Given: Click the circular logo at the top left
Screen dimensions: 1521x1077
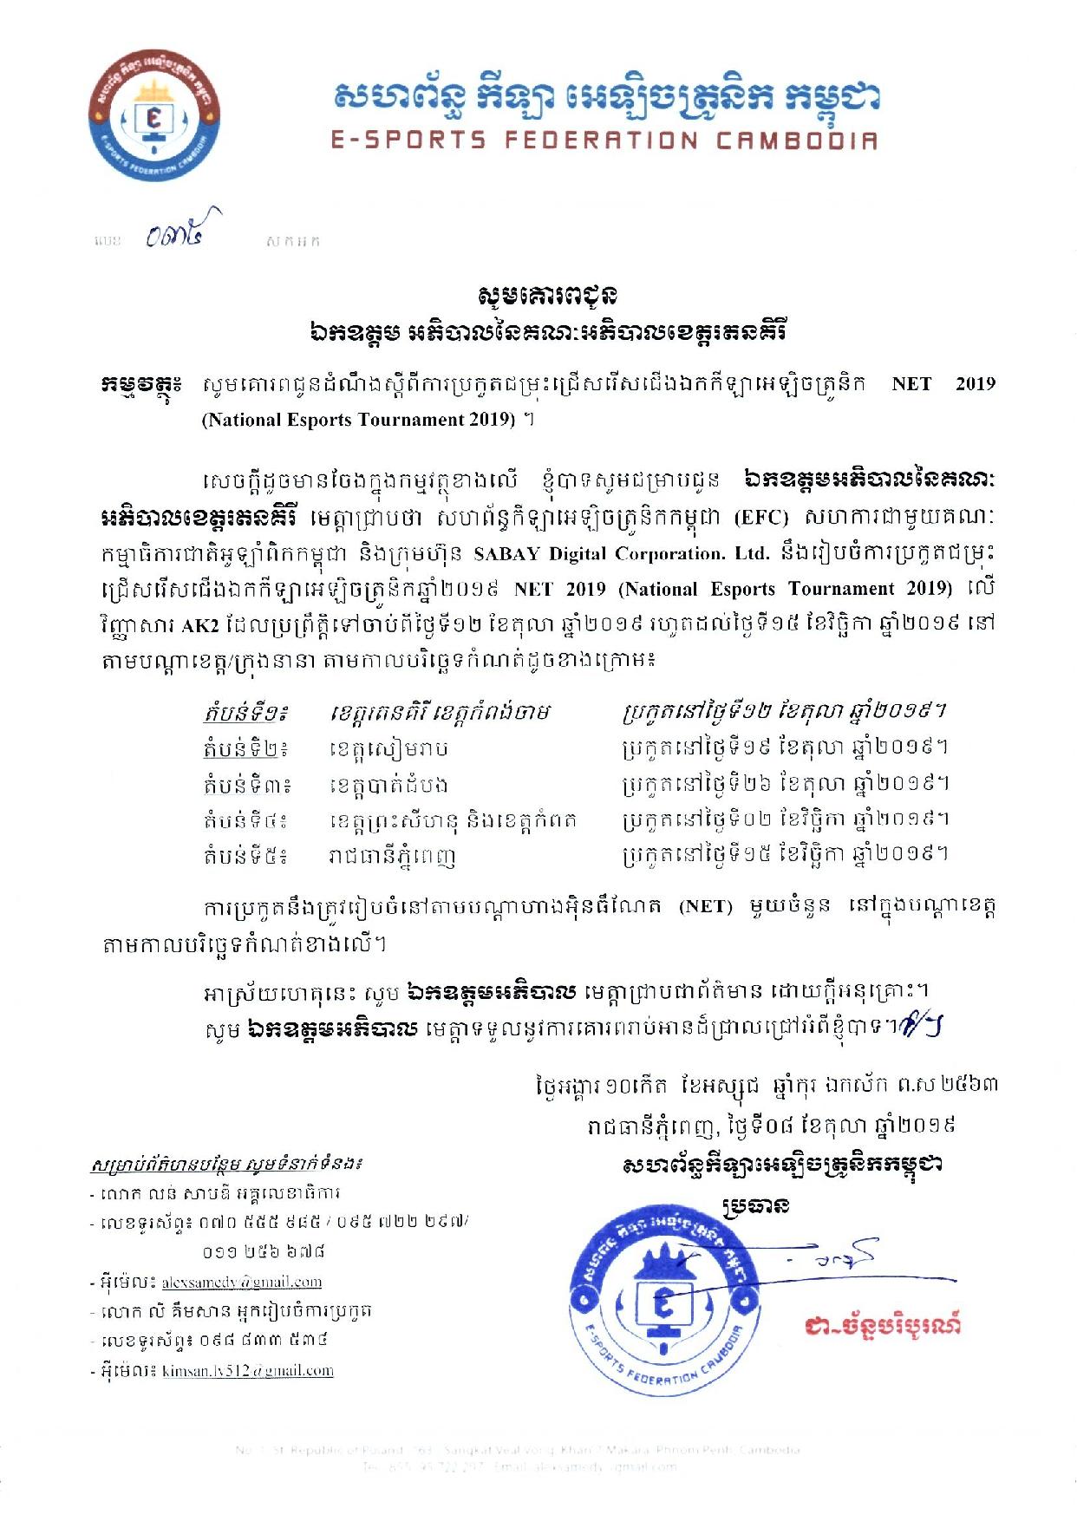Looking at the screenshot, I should (x=154, y=116).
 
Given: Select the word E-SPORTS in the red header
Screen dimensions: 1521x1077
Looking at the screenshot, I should (x=408, y=140).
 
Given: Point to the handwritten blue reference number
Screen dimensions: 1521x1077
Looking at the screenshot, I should (x=182, y=231).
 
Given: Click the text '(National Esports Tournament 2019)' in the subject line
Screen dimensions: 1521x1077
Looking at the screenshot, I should (x=359, y=420).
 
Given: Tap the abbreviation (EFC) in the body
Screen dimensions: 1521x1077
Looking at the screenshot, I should (x=761, y=518).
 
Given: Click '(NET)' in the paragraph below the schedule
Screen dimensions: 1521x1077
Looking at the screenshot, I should (x=705, y=906).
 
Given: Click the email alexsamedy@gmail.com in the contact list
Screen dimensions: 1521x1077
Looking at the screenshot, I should (x=242, y=1282).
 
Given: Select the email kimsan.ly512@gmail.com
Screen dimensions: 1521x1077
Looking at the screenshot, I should (x=248, y=1371).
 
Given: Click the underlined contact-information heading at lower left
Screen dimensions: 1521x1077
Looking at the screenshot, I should (x=227, y=1163).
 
